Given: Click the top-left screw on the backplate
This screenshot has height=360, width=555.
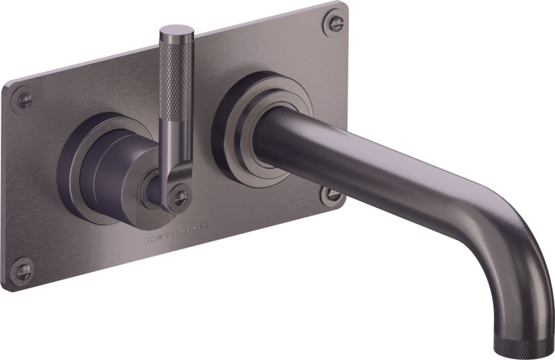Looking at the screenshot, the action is [23, 99].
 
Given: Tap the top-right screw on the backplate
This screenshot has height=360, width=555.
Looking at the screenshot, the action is [334, 22].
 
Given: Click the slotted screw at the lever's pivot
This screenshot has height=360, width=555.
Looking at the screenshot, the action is [180, 196].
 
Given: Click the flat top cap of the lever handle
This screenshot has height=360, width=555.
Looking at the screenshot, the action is [177, 29].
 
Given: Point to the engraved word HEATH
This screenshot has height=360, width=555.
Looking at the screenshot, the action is [196, 228].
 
